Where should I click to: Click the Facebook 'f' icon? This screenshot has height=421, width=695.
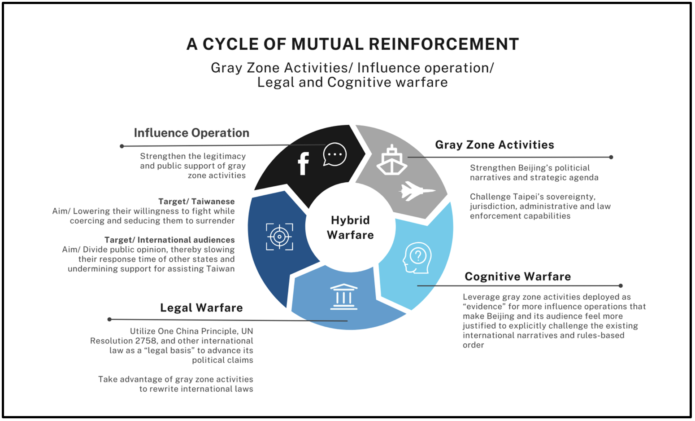304,163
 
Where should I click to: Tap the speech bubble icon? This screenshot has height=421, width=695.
334,154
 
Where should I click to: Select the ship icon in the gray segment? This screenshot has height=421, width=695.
391,160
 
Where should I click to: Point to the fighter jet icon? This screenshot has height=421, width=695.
416,191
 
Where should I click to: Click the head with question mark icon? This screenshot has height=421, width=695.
417,258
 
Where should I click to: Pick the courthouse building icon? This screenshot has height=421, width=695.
344,297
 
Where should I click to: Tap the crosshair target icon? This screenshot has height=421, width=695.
279,236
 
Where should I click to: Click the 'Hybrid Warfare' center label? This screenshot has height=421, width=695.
350,228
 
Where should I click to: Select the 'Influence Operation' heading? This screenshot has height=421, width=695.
191,133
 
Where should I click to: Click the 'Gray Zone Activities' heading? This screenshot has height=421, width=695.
495,145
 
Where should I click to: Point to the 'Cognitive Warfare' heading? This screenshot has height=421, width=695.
517,276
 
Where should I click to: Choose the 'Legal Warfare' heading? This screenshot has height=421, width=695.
201,308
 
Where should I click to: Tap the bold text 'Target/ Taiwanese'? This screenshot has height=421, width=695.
196,202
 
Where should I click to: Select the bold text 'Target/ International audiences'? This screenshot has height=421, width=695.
169,240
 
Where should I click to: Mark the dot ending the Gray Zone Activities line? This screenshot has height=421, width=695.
611,157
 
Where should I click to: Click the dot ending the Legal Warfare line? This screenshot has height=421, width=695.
109,319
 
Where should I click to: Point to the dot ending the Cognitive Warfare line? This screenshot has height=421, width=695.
621,285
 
